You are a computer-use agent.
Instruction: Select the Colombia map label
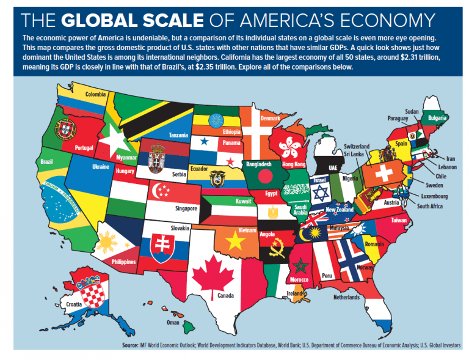[x=95, y=95]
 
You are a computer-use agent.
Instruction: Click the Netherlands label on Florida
[x=346, y=298]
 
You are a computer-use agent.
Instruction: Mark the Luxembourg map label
[x=434, y=196]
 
